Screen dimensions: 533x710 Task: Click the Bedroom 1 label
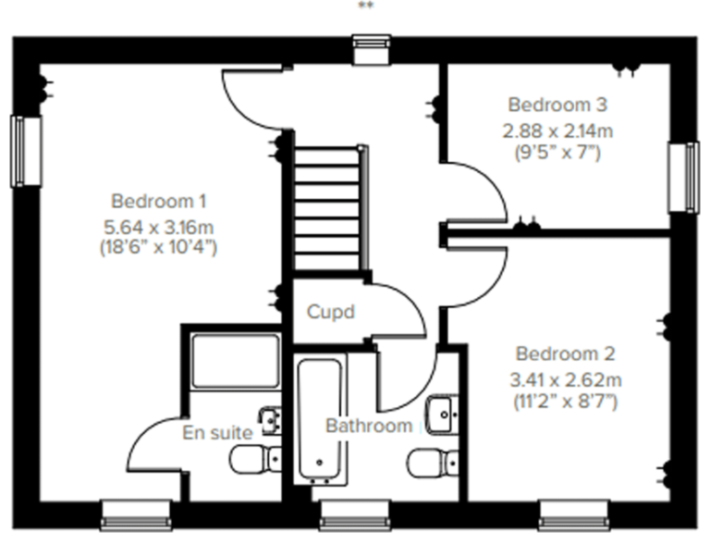(x=158, y=201)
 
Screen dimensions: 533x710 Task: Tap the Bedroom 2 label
(x=566, y=353)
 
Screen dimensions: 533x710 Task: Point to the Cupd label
(x=330, y=312)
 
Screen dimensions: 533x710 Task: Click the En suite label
(x=217, y=432)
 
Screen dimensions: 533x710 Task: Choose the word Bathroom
(x=368, y=426)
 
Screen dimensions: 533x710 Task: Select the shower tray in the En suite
(x=235, y=360)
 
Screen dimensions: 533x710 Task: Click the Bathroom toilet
(x=432, y=460)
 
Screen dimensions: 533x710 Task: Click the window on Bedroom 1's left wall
(x=27, y=151)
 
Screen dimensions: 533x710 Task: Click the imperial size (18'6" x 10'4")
(x=158, y=247)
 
